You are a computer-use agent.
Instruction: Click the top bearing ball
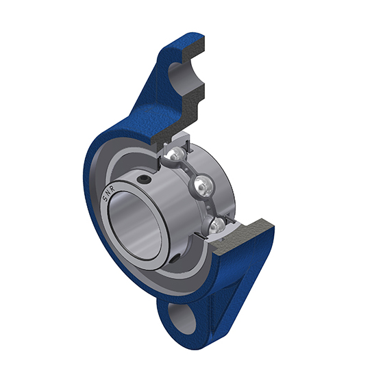pyautogui.click(x=175, y=154)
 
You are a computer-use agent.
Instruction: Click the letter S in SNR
pyautogui.click(x=106, y=198)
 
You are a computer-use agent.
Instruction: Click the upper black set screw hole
pyautogui.click(x=145, y=179)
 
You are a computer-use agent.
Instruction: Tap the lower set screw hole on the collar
pyautogui.click(x=175, y=259)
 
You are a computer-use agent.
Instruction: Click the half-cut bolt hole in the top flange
pyautogui.click(x=179, y=79)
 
